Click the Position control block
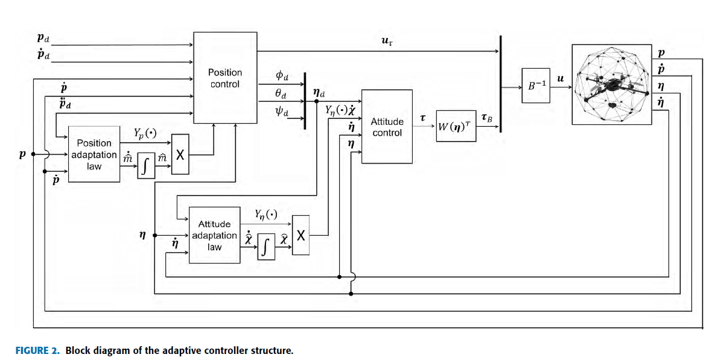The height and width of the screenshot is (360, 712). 224,78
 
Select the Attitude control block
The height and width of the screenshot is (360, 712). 387,127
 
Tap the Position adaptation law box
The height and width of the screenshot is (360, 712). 94,154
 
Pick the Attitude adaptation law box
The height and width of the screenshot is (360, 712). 214,235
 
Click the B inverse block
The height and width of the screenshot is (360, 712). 536,86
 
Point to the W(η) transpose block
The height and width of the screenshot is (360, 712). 456,127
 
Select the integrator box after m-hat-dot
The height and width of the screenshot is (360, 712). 145,166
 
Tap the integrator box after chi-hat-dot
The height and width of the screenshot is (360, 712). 266,247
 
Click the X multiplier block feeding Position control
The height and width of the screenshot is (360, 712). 180,154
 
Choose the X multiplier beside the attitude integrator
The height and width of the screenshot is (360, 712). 300,235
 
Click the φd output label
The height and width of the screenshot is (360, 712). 281,77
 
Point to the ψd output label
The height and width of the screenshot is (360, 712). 281,113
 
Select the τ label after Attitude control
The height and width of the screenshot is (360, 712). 424,119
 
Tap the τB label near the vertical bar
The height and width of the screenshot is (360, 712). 486,118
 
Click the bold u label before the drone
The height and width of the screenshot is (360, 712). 560,78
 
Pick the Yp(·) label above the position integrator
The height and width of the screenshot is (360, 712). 145,134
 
